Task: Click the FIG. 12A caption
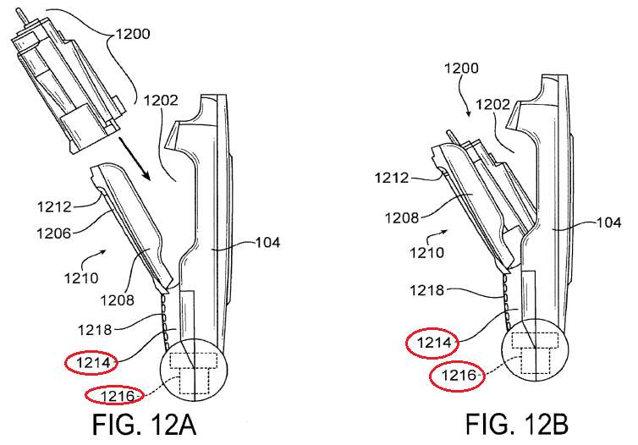pyautogui.click(x=145, y=424)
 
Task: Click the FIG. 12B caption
pyautogui.click(x=517, y=424)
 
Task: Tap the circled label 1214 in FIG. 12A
pyautogui.click(x=92, y=363)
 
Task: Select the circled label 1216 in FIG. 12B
pyautogui.click(x=458, y=376)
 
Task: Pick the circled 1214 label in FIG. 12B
pyautogui.click(x=434, y=343)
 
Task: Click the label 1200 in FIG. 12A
pyautogui.click(x=133, y=34)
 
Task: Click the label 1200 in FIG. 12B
pyautogui.click(x=461, y=68)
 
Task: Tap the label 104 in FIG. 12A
pyautogui.click(x=267, y=243)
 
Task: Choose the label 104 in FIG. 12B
pyautogui.click(x=609, y=222)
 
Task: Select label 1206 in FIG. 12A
pyautogui.click(x=53, y=233)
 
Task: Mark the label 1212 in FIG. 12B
pyautogui.click(x=392, y=178)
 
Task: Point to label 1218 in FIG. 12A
pyautogui.click(x=95, y=329)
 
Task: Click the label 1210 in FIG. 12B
pyautogui.click(x=426, y=253)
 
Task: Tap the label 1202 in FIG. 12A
pyautogui.click(x=161, y=100)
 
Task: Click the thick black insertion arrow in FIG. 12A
pyautogui.click(x=135, y=159)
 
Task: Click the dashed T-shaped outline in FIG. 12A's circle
pyautogui.click(x=193, y=373)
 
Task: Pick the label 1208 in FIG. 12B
pyautogui.click(x=402, y=218)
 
